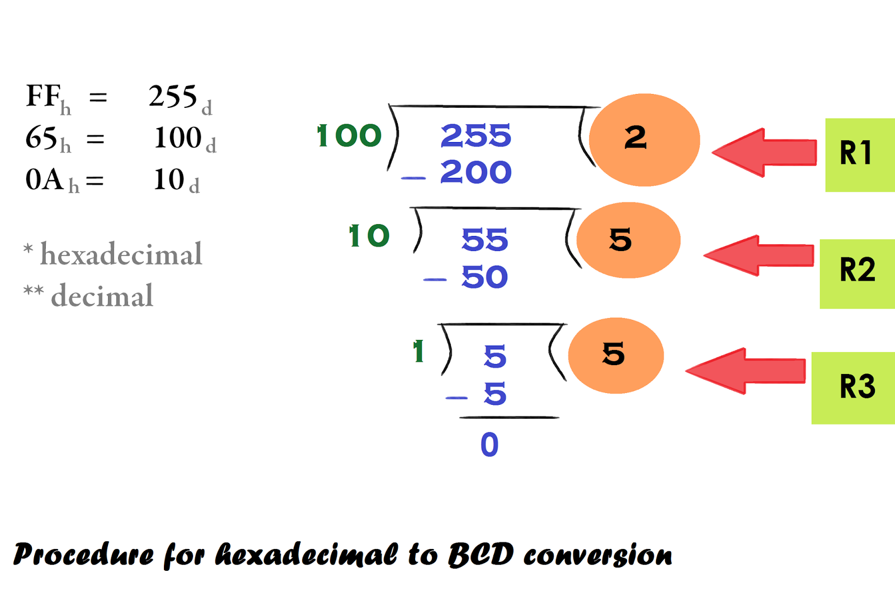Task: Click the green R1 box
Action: point(860,155)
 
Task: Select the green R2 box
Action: point(857,273)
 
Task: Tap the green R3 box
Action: point(854,387)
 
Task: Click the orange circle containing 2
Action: point(644,140)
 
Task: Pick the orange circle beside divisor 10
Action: point(628,240)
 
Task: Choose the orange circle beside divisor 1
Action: point(616,356)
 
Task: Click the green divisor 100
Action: point(349,136)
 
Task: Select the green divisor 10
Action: point(369,236)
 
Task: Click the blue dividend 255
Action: point(475,136)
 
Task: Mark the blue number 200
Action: point(475,172)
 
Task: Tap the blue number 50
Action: point(484,277)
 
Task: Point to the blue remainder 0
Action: point(489,445)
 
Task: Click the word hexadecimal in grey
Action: point(121,255)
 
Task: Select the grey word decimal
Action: point(102,296)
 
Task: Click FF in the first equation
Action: point(43,96)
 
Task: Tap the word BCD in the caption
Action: point(481,555)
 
